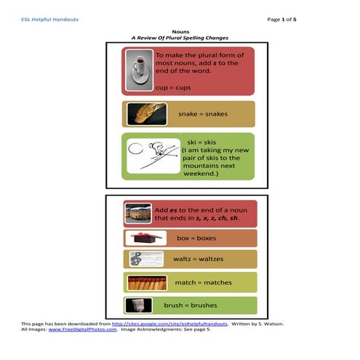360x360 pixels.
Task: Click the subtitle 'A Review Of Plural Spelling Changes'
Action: pos(180,39)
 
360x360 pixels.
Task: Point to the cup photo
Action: pos(139,70)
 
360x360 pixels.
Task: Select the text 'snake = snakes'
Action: pos(205,114)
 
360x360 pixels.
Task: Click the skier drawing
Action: pos(153,156)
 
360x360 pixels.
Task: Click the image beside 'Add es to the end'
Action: pos(138,213)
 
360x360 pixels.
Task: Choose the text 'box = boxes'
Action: pos(196,238)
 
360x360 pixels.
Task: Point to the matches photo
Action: pos(147,283)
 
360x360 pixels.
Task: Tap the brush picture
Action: pos(138,305)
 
